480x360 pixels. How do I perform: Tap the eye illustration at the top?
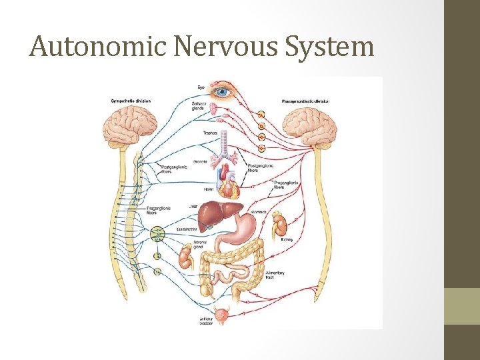[x=221, y=93]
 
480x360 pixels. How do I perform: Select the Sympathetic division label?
[x=131, y=101]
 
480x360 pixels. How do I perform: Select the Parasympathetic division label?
[x=306, y=101]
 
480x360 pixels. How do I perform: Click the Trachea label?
[x=209, y=133]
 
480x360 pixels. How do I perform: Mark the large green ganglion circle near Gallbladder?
[x=157, y=233]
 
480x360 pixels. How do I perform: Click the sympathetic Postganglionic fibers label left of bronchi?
[x=174, y=169]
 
